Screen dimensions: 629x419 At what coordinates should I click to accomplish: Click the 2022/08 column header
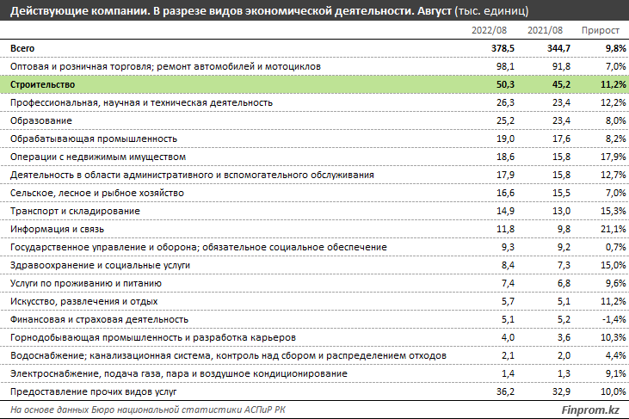pos(489,30)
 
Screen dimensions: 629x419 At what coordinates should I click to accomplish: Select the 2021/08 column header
pos(545,30)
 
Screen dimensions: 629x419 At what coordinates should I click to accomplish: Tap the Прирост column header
pos(601,31)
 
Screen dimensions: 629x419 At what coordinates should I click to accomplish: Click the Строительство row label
pos(42,84)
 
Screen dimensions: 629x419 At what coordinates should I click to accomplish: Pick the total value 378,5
pos(503,48)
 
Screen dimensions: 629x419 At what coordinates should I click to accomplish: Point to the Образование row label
pos(41,120)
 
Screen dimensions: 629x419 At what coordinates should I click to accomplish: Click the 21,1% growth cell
pos(614,230)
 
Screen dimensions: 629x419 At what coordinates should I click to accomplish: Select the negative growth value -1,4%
pos(614,319)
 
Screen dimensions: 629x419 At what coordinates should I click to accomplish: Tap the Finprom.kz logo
pos(590,410)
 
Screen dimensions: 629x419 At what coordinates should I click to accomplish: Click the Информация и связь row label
pos(57,230)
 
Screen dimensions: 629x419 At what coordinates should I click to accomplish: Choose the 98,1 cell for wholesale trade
pos(505,66)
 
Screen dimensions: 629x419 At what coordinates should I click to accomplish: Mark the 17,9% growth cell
pos(614,157)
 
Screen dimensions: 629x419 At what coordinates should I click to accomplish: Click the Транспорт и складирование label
pos(75,212)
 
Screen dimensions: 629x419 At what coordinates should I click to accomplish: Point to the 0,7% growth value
pos(616,248)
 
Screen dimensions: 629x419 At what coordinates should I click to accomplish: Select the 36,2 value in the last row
pos(505,391)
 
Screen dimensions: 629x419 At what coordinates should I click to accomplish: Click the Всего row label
pos(22,48)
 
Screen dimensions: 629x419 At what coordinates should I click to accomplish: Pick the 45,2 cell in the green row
pos(561,84)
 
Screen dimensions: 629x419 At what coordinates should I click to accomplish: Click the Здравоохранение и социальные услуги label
pos(101,266)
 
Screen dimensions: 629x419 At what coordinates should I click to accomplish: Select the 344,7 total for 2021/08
pos(558,48)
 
